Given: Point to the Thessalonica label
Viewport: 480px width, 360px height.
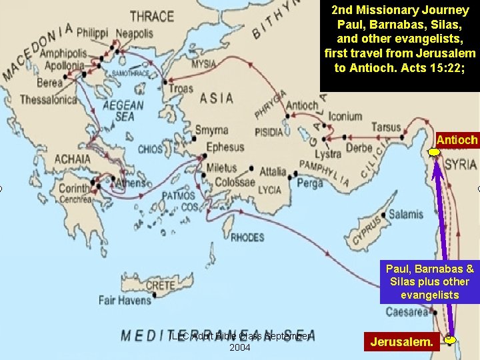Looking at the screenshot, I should [49, 99].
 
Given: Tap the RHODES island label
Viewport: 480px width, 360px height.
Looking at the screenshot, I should [247, 237].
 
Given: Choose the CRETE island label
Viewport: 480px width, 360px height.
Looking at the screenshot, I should [160, 285].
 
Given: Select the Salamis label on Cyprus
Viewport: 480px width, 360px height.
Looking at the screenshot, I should [405, 215].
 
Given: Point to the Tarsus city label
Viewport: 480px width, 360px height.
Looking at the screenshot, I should [387, 127].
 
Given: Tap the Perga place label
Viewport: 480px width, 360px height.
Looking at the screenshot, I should [309, 183].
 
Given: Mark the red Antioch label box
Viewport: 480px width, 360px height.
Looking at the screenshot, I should [457, 140].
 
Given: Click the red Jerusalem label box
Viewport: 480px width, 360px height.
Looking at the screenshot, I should [401, 343].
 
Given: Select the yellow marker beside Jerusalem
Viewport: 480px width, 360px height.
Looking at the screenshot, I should [451, 340].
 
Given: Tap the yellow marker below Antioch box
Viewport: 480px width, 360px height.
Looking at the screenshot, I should [434, 153].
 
